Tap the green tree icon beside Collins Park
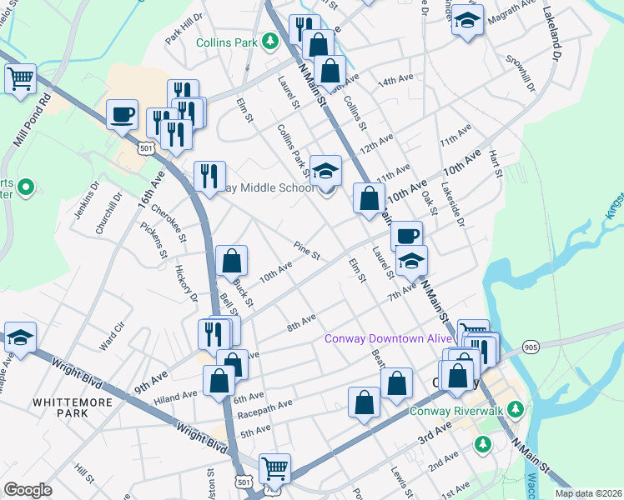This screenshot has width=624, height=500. pos(269,41)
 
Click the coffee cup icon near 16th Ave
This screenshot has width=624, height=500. pos(123,114)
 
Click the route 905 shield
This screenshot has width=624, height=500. pos(531,346)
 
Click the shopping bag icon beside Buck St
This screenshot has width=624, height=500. pos(232,261)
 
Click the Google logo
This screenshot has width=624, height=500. pos(28,489)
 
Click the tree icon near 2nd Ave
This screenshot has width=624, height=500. pos(482,444)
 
